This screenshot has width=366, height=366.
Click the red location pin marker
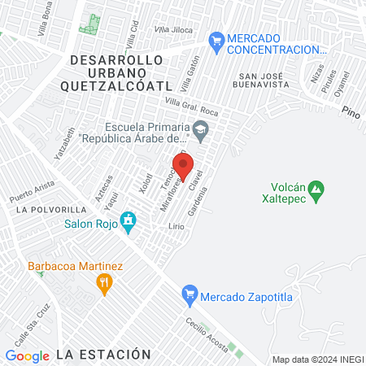[183, 165]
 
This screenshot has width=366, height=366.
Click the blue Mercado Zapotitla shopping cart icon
[189, 294]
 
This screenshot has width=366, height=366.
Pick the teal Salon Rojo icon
[128, 220]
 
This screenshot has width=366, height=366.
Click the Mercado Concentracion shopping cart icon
[216, 39]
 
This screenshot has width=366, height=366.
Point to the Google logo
[28, 355]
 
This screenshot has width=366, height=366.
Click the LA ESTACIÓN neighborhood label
[104, 354]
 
